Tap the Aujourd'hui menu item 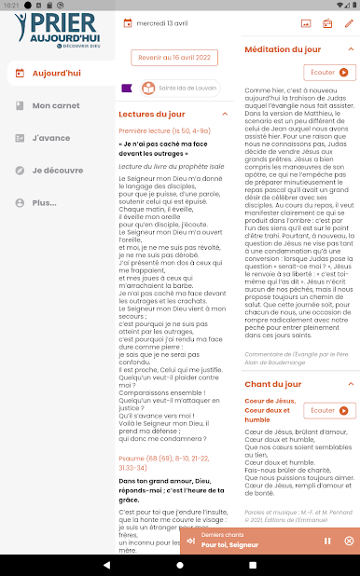(x=56, y=73)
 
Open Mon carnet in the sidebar (x=56, y=105)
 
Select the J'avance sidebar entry (x=50, y=138)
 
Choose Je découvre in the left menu (x=57, y=171)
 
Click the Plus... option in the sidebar (x=44, y=202)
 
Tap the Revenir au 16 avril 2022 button (x=174, y=58)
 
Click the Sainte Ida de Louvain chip (x=179, y=89)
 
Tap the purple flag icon (x=127, y=89)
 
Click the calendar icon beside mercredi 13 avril (x=128, y=22)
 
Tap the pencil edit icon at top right (x=349, y=22)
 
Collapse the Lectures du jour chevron (x=225, y=115)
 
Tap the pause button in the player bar (x=327, y=541)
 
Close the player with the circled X (x=349, y=541)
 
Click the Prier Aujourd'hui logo (x=57, y=29)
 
